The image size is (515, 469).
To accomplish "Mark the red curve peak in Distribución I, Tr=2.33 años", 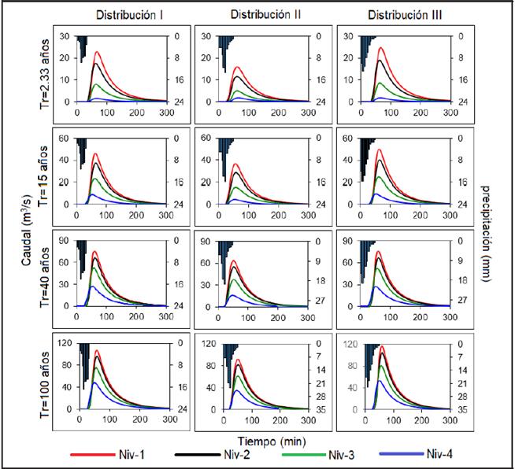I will click(96, 52).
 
